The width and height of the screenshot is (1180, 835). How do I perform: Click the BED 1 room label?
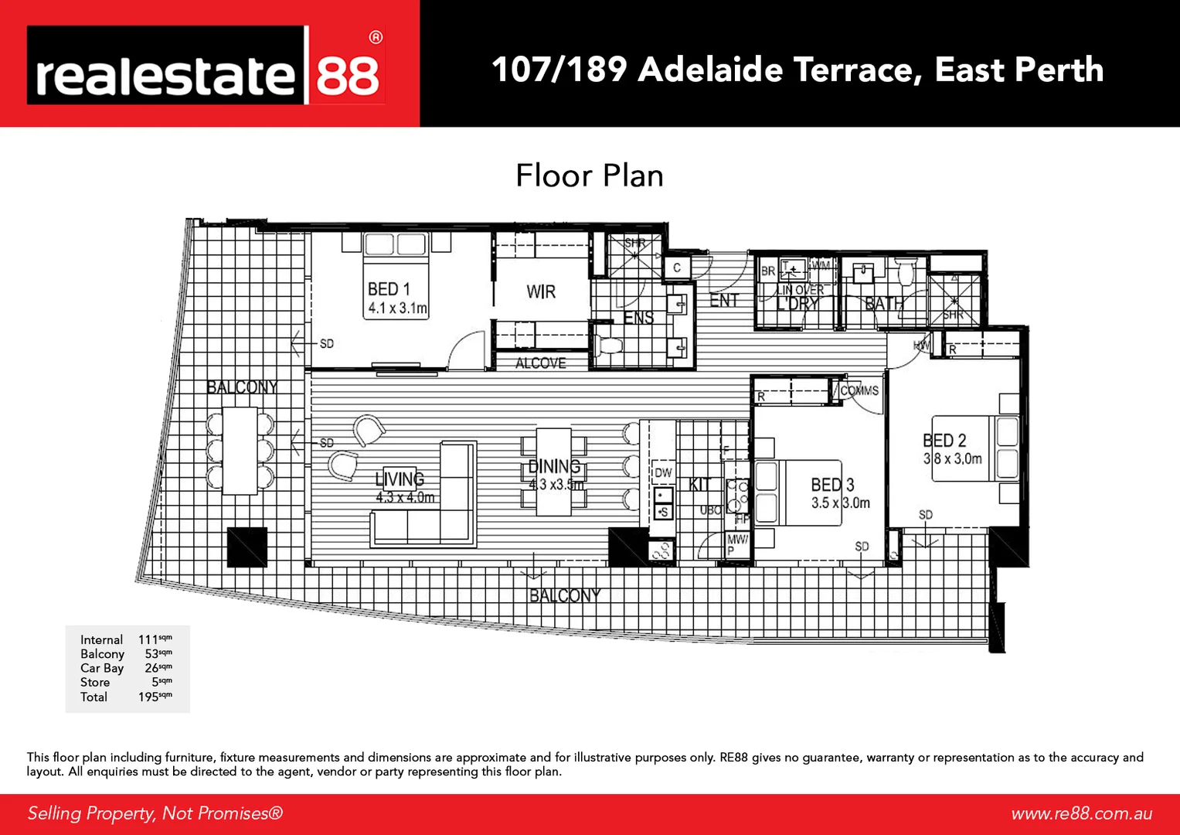tap(389, 289)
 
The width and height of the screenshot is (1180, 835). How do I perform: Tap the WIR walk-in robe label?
tap(541, 292)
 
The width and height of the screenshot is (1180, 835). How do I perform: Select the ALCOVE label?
tap(541, 363)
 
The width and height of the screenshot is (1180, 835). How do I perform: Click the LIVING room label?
tap(400, 479)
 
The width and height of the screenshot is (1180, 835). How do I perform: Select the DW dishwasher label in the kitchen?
tap(663, 472)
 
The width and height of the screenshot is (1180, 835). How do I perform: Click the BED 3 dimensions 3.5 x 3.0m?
tap(840, 503)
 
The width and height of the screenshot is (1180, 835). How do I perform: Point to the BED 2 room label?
tap(944, 441)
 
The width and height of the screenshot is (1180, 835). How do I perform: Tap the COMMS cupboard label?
tap(859, 391)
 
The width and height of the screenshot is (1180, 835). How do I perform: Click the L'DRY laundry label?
tap(797, 304)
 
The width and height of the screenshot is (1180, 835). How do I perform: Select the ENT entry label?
tap(724, 301)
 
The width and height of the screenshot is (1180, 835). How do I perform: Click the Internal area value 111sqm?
tap(155, 639)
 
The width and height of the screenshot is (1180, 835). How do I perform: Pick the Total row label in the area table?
tap(94, 697)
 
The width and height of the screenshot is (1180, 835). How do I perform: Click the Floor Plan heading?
tap(590, 176)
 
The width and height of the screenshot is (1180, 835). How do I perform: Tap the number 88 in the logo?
tap(348, 75)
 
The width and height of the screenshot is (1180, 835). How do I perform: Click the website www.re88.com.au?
tap(1081, 813)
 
